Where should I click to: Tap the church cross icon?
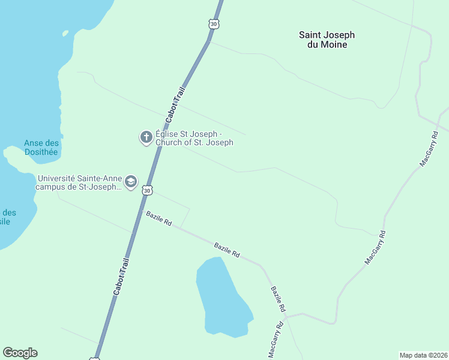(x=146, y=138)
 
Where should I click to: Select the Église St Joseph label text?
(x=194, y=138)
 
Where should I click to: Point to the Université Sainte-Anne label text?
(x=79, y=182)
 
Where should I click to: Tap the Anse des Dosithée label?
(x=41, y=148)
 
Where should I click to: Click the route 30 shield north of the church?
(x=214, y=24)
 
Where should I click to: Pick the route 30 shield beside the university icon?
(x=147, y=190)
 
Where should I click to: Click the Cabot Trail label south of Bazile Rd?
(x=121, y=276)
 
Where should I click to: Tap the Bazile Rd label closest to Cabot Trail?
(x=159, y=218)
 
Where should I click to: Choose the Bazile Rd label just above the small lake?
(x=227, y=250)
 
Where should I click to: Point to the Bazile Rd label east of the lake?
(x=277, y=299)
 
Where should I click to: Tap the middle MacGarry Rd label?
(x=375, y=247)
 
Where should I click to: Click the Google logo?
(x=20, y=353)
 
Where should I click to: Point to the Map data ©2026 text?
(x=423, y=355)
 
